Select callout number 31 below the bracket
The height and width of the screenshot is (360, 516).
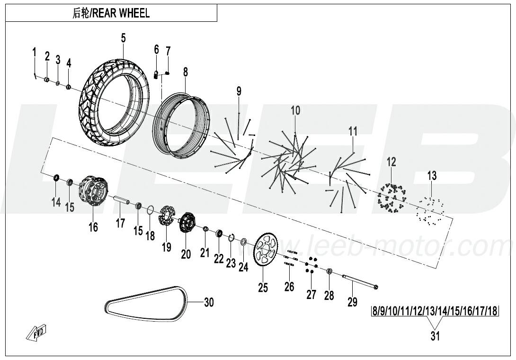[x=435, y=336]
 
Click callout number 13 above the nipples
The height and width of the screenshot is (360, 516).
[x=432, y=176]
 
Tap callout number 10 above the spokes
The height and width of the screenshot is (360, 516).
[x=295, y=111]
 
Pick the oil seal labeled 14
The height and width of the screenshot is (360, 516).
[x=56, y=179]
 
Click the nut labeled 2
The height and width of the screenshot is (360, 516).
[x=47, y=80]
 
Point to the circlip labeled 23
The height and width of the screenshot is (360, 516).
[x=231, y=238]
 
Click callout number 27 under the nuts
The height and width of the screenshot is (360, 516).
[x=311, y=294]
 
